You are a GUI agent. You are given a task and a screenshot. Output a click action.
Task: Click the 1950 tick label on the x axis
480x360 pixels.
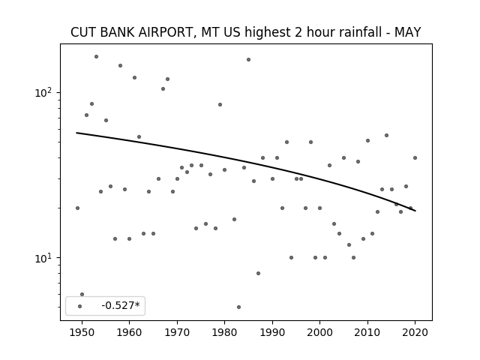coord(82,332)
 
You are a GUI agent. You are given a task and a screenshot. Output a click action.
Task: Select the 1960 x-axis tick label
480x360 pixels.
coord(129,332)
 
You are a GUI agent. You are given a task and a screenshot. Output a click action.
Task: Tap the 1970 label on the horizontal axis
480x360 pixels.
coord(177,332)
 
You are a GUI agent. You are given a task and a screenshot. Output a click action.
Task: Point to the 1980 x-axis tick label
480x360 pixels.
coord(224,332)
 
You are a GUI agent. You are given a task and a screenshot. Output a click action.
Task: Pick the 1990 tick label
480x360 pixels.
coord(272,332)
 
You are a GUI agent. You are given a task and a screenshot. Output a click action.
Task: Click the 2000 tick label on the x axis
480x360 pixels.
coord(320,332)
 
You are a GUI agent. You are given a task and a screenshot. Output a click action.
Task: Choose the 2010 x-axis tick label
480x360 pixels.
coord(367,332)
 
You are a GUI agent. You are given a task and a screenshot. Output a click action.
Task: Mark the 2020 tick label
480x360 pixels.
coord(415,332)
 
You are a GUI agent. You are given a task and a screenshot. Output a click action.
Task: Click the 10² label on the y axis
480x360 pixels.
coord(45,92)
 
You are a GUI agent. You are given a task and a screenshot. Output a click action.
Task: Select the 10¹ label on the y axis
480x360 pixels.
coord(45,258)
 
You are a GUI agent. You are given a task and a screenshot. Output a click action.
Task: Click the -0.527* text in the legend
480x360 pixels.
coord(121,305)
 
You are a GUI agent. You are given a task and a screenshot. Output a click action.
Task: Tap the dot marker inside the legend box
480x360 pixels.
coord(80,306)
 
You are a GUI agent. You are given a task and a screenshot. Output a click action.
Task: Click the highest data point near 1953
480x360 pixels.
coord(96,57)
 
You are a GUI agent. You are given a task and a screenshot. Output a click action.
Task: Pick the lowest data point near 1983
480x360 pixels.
coord(238,307)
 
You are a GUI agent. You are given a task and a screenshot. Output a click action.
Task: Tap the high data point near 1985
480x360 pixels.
coord(248,60)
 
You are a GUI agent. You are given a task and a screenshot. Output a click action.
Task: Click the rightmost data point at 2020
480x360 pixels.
coord(415,158)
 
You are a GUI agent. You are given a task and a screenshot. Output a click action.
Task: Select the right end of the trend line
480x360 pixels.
coord(415,211)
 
